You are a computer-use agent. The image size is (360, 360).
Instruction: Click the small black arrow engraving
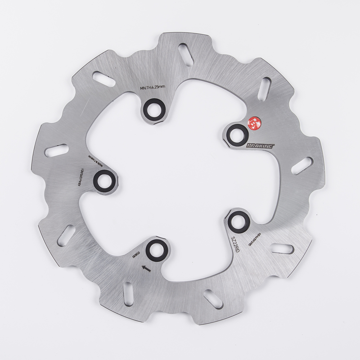(145, 269)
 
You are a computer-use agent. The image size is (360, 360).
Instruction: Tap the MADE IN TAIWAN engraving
(90, 160)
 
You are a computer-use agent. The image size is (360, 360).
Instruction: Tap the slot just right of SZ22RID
(282, 249)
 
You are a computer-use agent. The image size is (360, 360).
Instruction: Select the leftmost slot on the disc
(57, 150)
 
